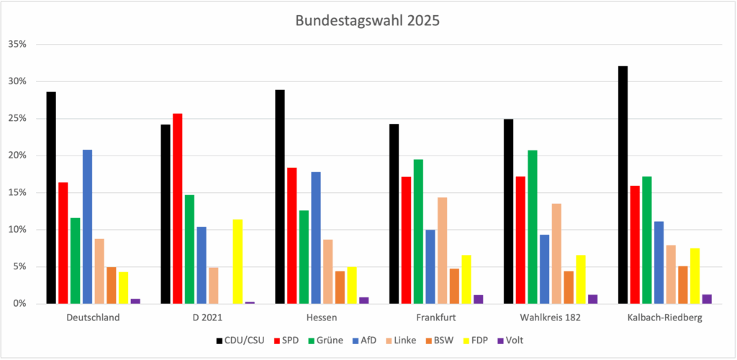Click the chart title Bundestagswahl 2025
tap(367, 21)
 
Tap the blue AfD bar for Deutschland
tap(87, 227)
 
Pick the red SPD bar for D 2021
tap(177, 209)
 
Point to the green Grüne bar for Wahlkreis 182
tap(532, 227)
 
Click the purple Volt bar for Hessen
tap(363, 300)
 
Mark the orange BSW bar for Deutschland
tap(112, 285)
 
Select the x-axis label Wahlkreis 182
tap(551, 317)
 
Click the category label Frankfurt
tap(436, 317)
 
